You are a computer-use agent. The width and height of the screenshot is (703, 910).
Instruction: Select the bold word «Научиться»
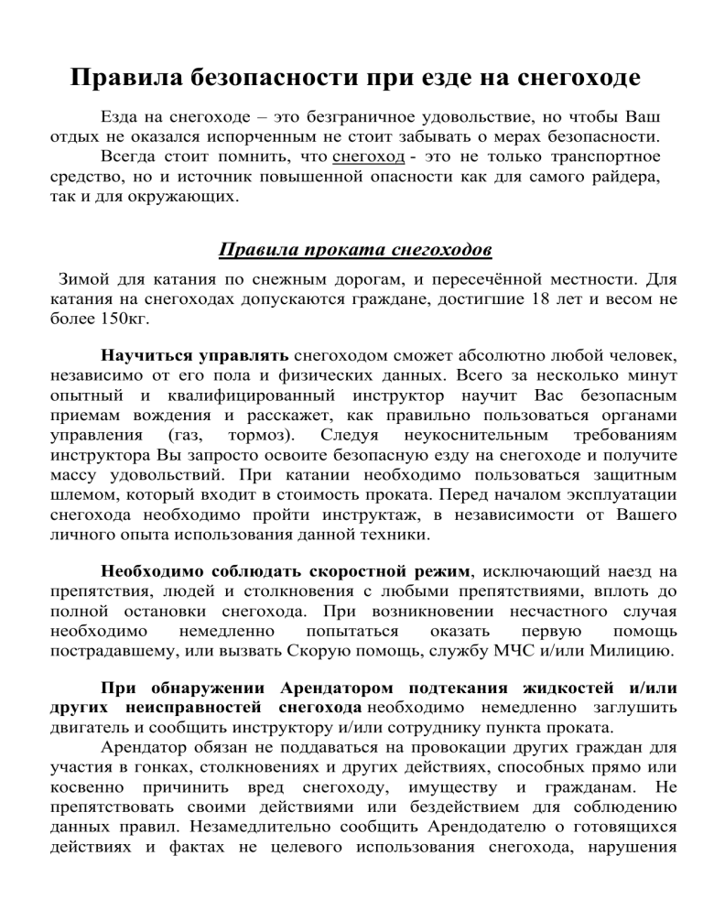(146, 355)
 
